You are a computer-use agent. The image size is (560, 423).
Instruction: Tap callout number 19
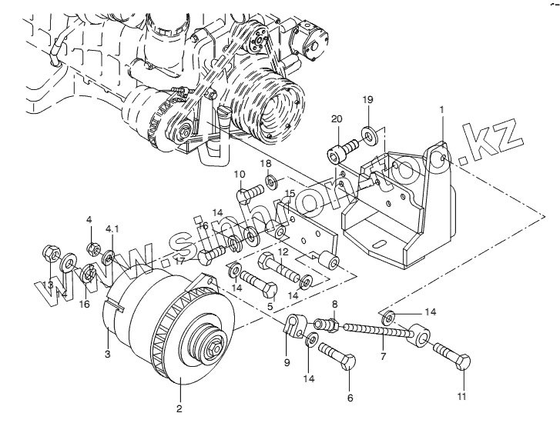pos(368,99)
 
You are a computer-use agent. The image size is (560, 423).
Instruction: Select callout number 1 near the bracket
pos(441,111)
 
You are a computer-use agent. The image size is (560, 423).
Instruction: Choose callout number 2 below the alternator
pos(179,409)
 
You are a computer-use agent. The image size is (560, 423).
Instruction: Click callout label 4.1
pos(112,228)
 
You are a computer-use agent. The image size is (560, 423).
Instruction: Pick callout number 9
pos(287,361)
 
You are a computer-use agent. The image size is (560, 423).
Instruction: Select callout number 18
pos(265,164)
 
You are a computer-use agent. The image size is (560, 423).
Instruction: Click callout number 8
pos(334,305)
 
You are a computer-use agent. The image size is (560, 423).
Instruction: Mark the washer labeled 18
pos(272,183)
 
